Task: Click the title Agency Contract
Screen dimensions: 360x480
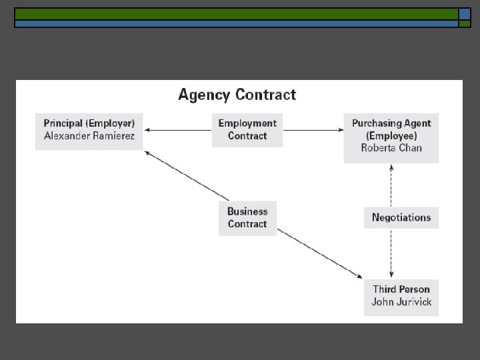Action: (x=237, y=95)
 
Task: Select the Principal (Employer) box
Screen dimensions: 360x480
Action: (x=89, y=131)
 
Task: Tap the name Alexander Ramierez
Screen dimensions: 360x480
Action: (x=89, y=136)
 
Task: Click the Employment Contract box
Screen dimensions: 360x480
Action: (x=247, y=130)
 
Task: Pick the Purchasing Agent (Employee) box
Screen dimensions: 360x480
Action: (x=391, y=137)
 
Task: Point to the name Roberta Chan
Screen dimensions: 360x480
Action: (x=391, y=148)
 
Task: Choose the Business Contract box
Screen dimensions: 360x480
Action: (x=247, y=218)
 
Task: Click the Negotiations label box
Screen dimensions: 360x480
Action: (x=401, y=217)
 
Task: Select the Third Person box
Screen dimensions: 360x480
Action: (x=401, y=296)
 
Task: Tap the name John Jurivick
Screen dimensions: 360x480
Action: (x=401, y=302)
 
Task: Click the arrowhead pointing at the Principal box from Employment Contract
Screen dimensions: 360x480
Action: (x=147, y=130)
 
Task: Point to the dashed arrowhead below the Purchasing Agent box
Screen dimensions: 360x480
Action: (x=391, y=167)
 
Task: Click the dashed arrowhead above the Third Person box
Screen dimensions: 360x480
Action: (x=391, y=275)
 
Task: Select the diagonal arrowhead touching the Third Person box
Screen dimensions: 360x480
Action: (x=359, y=277)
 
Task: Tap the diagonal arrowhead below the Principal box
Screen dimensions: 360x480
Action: (x=147, y=153)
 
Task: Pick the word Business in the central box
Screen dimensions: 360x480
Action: (x=247, y=212)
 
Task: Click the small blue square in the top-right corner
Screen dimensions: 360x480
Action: (x=465, y=14)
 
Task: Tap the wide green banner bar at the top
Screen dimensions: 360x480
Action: (x=236, y=14)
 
